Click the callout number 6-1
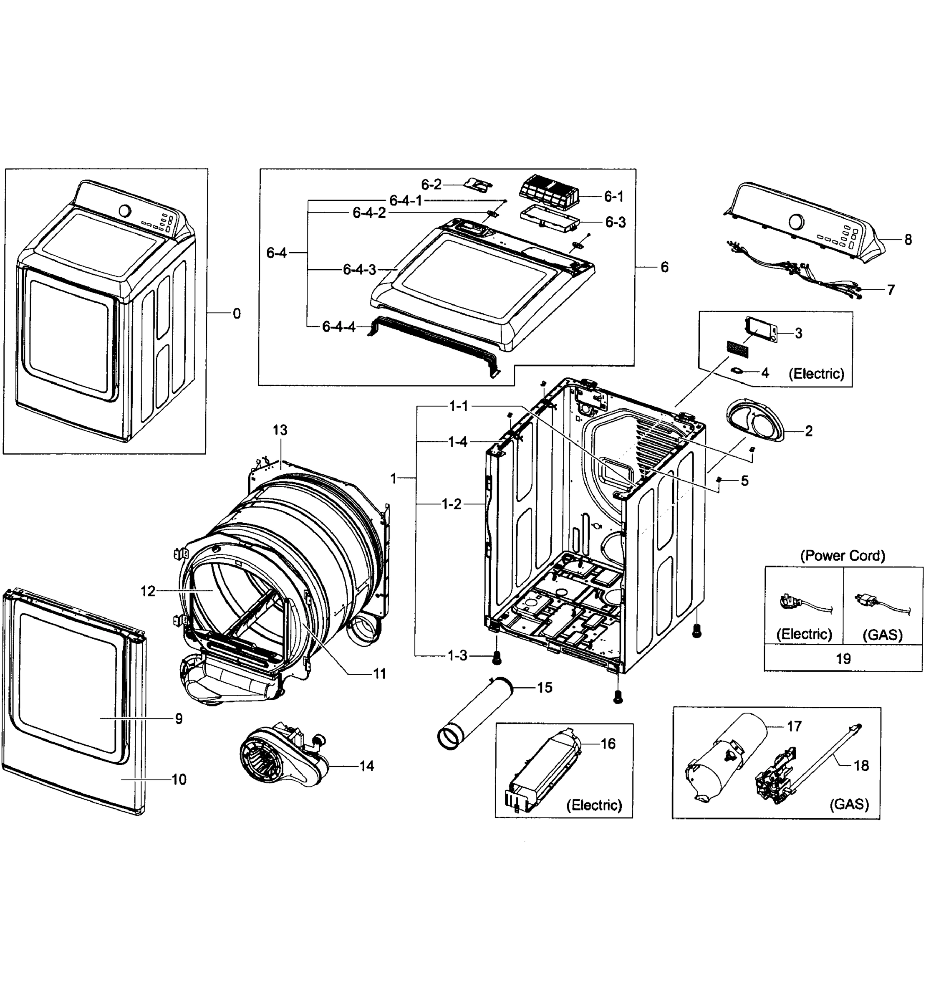tap(613, 197)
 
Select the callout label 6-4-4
tap(339, 327)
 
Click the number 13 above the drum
tap(280, 430)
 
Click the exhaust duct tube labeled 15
tap(473, 714)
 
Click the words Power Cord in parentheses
tap(843, 555)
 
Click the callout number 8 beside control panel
tap(908, 240)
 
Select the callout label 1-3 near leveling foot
tap(457, 655)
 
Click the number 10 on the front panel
tap(179, 779)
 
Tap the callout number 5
tap(744, 481)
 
